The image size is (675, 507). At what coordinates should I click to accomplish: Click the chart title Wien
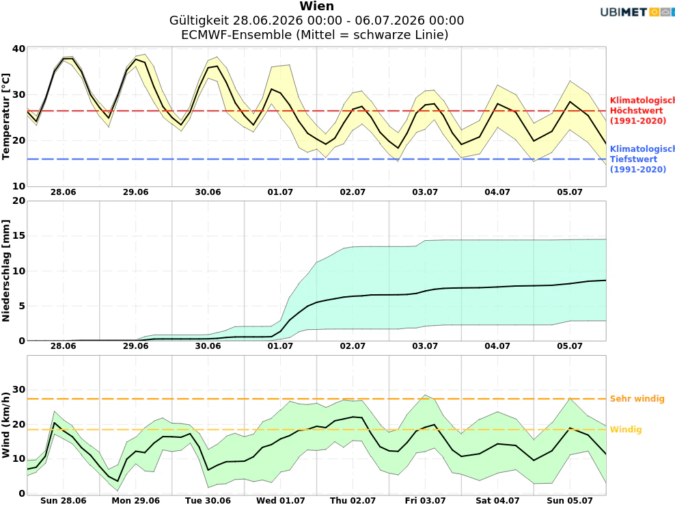pyautogui.click(x=316, y=6)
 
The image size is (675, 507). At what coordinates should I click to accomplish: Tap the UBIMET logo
pyautogui.click(x=637, y=12)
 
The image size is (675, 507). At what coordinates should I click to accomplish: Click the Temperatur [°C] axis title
pyautogui.click(x=5, y=116)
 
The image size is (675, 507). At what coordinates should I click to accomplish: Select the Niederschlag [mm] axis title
pyautogui.click(x=5, y=271)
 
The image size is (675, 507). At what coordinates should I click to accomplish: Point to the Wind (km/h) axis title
pyautogui.click(x=5, y=425)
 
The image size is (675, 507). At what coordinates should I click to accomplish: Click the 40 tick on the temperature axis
pyautogui.click(x=18, y=49)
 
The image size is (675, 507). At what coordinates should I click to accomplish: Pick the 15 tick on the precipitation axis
pyautogui.click(x=18, y=236)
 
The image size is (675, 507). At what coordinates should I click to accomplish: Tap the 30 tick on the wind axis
pyautogui.click(x=18, y=389)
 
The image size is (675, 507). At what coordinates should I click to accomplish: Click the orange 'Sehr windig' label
pyautogui.click(x=637, y=399)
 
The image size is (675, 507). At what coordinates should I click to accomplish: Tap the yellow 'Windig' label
pyautogui.click(x=626, y=430)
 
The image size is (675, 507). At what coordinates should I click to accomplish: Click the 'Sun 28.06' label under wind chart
pyautogui.click(x=64, y=501)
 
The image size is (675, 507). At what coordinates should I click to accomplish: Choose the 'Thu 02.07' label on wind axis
pyautogui.click(x=353, y=501)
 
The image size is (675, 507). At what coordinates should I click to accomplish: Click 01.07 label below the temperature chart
pyautogui.click(x=280, y=192)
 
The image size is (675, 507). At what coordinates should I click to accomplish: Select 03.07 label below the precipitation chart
pyautogui.click(x=425, y=346)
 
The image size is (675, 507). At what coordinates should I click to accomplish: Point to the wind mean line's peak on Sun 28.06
pyautogui.click(x=54, y=423)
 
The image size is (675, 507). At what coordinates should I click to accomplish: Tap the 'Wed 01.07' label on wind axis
pyautogui.click(x=280, y=501)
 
